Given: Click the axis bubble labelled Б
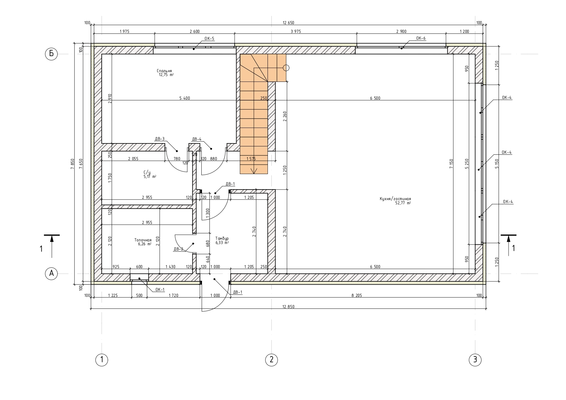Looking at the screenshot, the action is tap(51, 54).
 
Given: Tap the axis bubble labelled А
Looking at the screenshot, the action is tap(51, 274).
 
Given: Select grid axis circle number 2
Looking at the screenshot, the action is tap(271, 359).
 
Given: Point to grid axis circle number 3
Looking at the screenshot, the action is tap(475, 359).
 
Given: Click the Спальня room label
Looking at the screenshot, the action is tap(164, 71).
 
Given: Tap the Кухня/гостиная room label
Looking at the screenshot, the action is tap(395, 199).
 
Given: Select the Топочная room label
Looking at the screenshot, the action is tap(143, 240).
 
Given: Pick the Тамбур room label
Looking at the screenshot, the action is tap(222, 239).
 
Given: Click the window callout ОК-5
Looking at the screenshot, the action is tap(209, 39).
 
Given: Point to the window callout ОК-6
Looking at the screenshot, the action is tap(421, 38).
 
